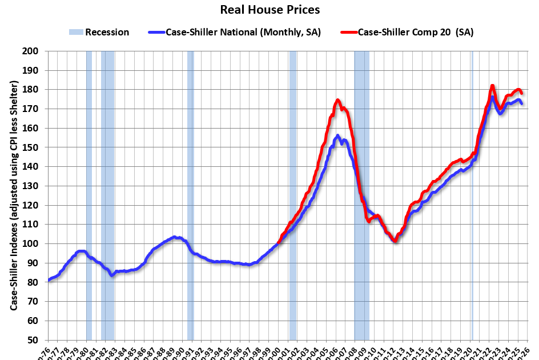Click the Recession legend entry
99,32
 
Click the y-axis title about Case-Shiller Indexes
13,196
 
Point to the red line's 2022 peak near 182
492,86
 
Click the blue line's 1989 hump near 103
175,237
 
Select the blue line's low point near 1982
112,275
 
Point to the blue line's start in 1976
49,280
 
